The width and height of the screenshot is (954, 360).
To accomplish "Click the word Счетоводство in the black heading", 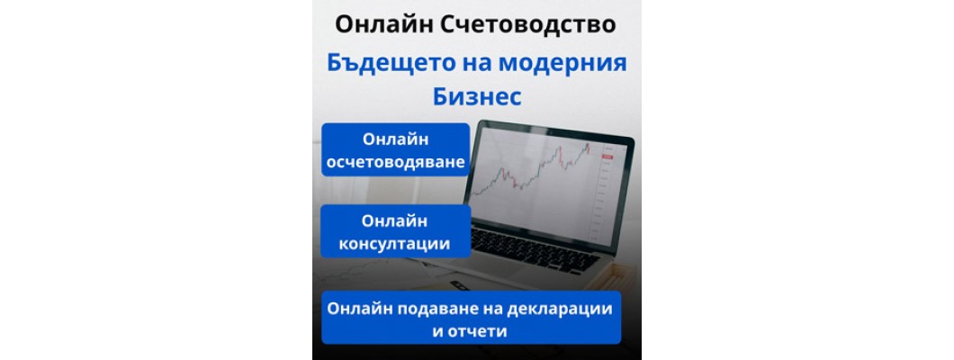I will click(530, 24).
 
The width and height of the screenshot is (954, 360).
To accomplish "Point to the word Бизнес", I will click(476, 95).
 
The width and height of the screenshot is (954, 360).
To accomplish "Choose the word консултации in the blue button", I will click(395, 243).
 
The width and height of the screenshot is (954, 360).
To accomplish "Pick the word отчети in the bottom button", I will click(481, 330).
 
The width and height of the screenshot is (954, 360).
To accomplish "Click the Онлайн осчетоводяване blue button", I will click(396, 150).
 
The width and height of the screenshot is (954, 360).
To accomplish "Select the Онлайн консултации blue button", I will click(396, 231).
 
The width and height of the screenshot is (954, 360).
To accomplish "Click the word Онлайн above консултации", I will click(395, 220).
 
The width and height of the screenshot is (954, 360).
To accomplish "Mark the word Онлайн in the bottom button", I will click(359, 308).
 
